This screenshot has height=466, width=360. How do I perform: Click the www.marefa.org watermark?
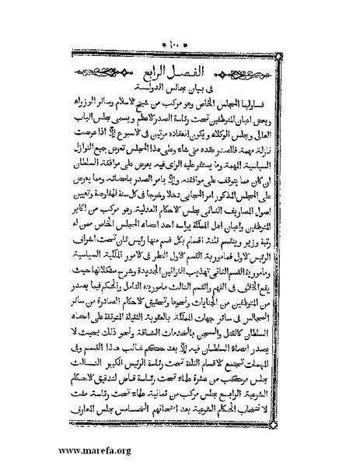click(46, 450)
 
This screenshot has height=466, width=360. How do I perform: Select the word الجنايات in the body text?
click(217, 275)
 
